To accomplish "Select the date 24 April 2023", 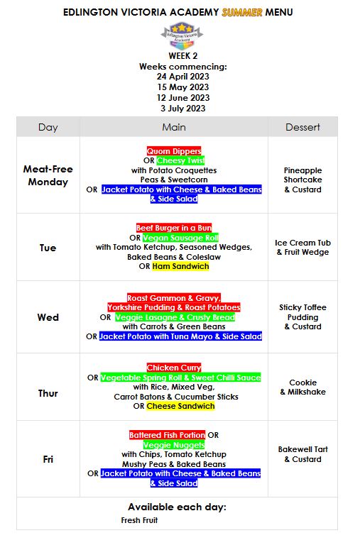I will (x=184, y=77).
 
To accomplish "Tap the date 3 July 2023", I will (x=184, y=109).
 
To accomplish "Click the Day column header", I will (x=48, y=127).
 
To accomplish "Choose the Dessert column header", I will (x=302, y=127).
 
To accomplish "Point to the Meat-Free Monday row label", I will (x=48, y=175).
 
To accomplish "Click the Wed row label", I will (x=48, y=317).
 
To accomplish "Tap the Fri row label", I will (x=48, y=459).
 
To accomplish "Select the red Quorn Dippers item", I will (x=174, y=151).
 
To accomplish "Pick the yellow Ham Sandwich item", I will (x=180, y=266).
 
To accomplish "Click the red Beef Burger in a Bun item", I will (x=174, y=228).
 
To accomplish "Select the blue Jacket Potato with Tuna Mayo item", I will (x=180, y=336).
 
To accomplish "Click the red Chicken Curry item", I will (x=174, y=368).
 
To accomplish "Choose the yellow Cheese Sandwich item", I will (x=180, y=406).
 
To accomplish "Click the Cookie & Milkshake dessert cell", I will (x=302, y=387).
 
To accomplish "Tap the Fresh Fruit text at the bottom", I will (x=139, y=520).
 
